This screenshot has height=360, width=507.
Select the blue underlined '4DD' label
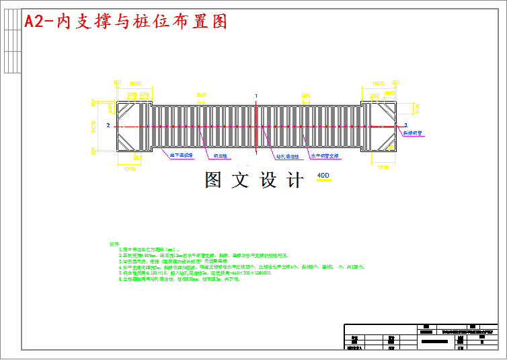323,176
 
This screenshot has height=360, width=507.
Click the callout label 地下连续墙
181,155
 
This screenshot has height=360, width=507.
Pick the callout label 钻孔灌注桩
287,156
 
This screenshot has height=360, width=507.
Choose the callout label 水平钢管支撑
325,155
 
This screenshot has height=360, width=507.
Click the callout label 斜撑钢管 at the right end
412,133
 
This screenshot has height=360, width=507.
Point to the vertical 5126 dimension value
417,108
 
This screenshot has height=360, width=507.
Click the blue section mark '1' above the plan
256,96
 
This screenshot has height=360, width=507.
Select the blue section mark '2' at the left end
108,125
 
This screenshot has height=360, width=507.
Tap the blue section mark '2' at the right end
405,125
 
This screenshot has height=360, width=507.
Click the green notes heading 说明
113,244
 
